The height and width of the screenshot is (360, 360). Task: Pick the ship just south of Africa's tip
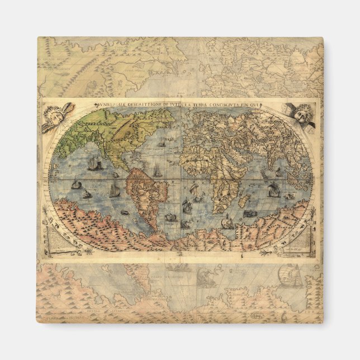[226, 222]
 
